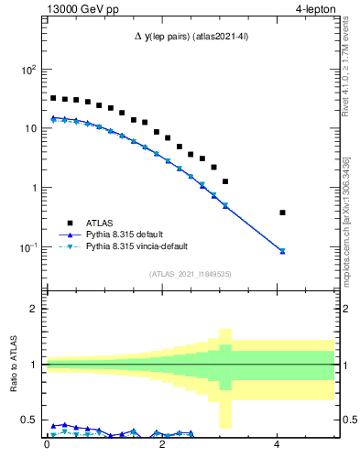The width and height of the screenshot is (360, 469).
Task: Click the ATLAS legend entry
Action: (102, 223)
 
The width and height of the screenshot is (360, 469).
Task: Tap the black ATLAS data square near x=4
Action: (282, 213)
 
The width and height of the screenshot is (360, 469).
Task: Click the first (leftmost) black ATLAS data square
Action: (53, 98)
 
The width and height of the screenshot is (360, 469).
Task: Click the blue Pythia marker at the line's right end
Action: (282, 251)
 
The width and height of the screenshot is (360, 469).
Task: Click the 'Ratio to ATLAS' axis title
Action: (12, 365)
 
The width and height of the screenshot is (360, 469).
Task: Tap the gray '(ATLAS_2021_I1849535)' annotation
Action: (190, 274)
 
